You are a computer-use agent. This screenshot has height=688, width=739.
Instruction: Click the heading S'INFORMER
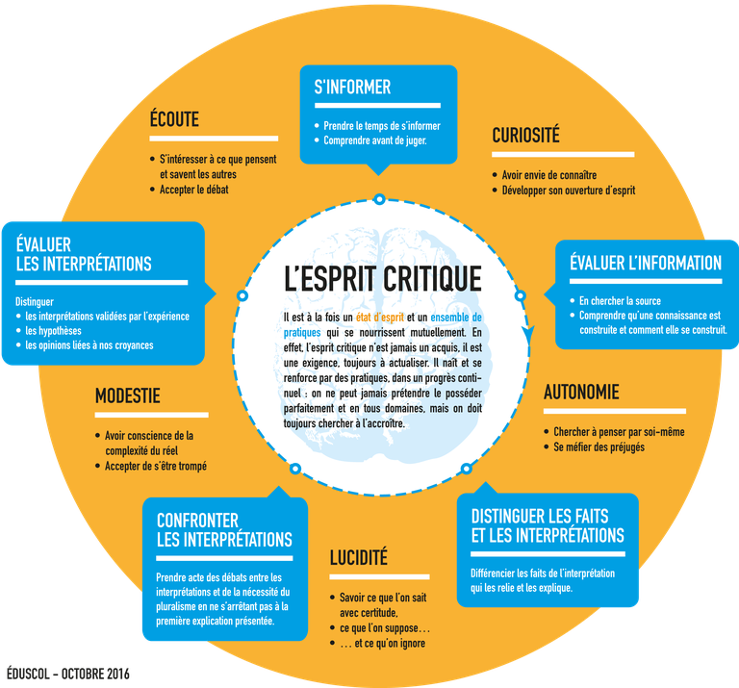pos(352,88)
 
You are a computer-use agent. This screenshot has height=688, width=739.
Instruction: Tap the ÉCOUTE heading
pos(174,118)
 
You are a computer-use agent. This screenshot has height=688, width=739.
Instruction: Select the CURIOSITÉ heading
pos(526,135)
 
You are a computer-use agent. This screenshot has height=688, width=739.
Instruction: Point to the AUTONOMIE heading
pos(581,392)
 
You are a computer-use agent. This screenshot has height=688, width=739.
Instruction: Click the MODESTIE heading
pos(128,395)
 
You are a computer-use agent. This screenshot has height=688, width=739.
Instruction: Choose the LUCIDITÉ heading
pos(359,557)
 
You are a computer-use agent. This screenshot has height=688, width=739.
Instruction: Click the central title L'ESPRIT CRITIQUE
pos(383,278)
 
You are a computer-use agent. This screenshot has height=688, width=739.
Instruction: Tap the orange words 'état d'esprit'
pos(380,318)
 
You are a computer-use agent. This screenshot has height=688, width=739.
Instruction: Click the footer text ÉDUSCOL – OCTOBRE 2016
pos(68,674)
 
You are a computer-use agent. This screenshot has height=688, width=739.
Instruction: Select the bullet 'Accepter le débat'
pos(193,190)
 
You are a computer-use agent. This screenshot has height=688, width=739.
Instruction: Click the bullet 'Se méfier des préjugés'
pos(599,446)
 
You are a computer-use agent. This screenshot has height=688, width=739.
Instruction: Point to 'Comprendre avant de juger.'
pos(375,140)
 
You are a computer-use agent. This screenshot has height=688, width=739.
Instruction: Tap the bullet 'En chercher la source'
pos(620,300)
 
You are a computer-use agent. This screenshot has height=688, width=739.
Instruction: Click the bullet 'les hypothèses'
pos(53,331)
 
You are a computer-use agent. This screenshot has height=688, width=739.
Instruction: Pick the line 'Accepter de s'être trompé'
pos(156,466)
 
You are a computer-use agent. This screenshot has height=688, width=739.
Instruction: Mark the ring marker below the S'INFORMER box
pos(379,199)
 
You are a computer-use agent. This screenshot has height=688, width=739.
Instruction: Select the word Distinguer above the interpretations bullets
pos(35,301)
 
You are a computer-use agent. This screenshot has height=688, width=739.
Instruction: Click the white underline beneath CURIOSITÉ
pos(563,155)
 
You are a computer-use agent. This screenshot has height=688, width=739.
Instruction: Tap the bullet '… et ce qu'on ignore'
pos(383,643)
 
